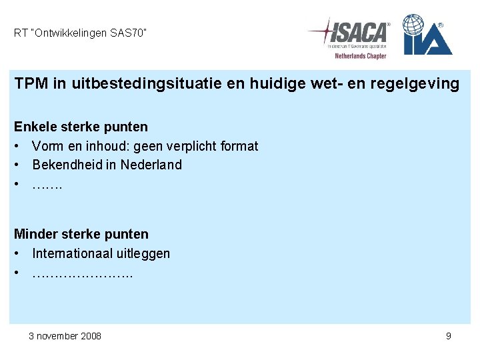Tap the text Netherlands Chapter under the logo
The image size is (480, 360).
click(x=360, y=56)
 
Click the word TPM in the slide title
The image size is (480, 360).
click(x=30, y=84)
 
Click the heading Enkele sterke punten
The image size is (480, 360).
click(x=81, y=127)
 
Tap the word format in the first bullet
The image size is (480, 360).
click(x=238, y=146)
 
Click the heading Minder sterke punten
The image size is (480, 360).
click(x=81, y=234)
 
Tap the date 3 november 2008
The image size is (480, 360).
click(x=65, y=336)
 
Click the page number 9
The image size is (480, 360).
click(x=449, y=336)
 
